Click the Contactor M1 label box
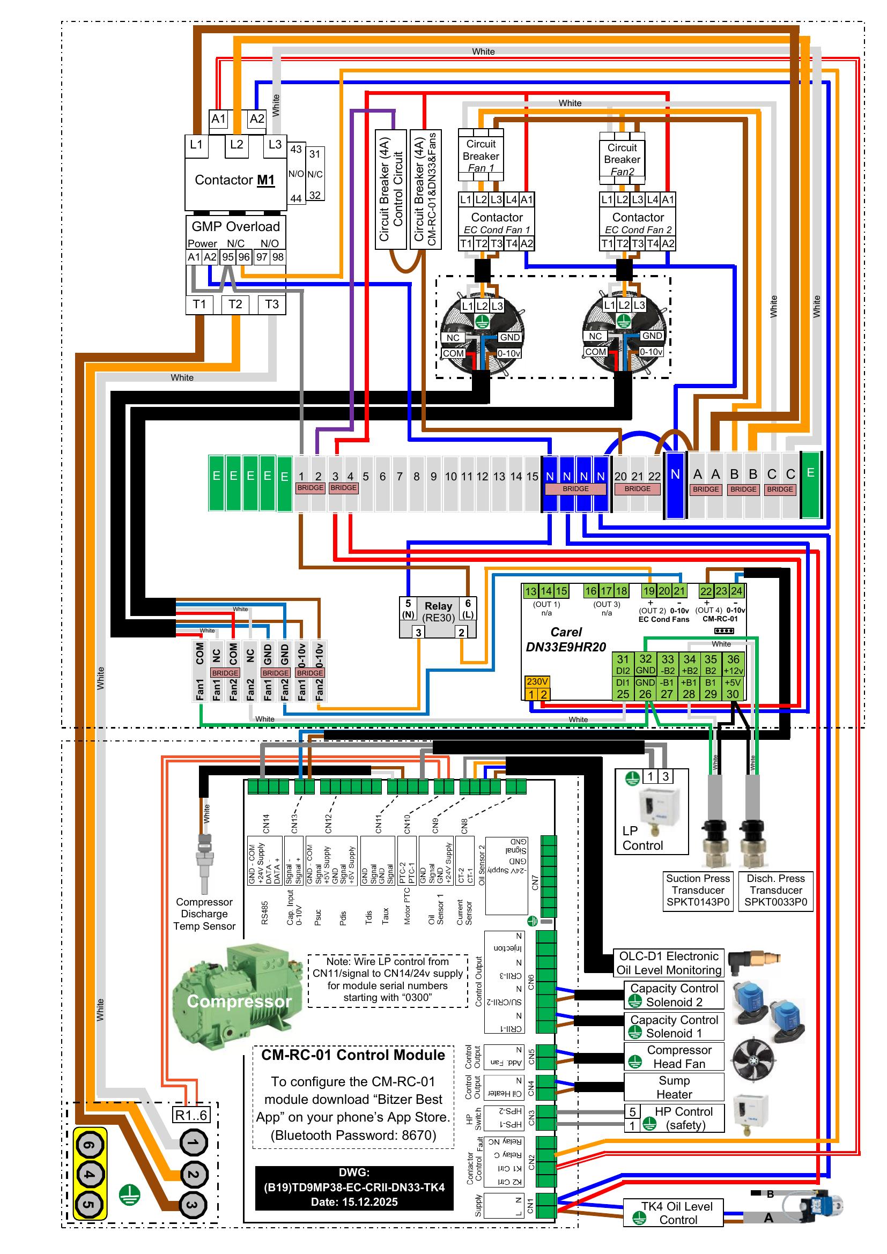(x=235, y=181)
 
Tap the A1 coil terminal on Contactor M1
(x=218, y=118)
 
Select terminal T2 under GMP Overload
(x=235, y=304)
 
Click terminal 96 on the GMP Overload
(x=243, y=257)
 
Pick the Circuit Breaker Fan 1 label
(x=481, y=156)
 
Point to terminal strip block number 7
(x=400, y=477)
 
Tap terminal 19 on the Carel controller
(x=649, y=591)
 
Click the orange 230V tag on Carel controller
(x=537, y=681)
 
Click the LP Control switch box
(x=652, y=812)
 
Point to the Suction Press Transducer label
(x=698, y=891)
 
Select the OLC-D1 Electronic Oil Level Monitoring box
(x=669, y=963)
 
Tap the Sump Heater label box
(x=674, y=1087)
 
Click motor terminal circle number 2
(x=193, y=1174)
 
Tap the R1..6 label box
(x=190, y=1115)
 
